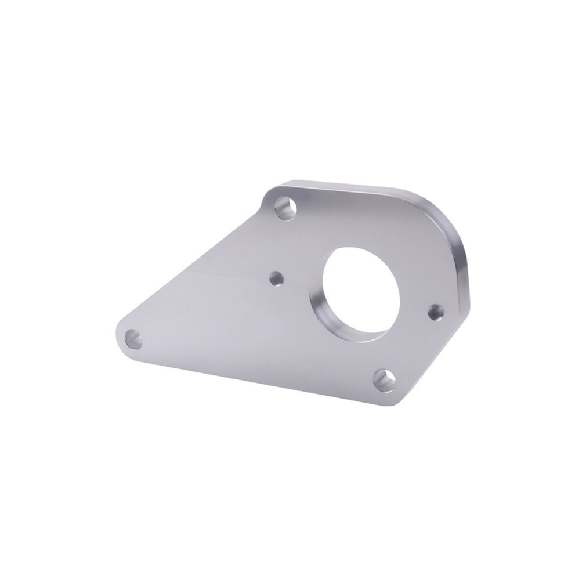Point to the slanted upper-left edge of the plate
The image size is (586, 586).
(197, 261)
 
